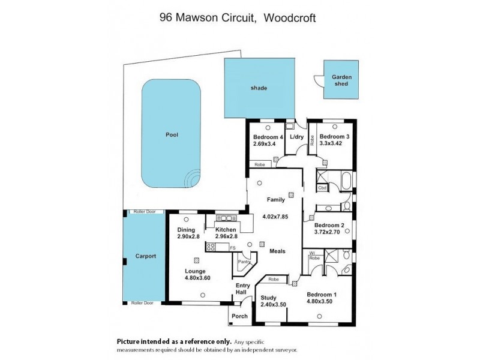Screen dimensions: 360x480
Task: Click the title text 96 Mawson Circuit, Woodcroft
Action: pos(238,17)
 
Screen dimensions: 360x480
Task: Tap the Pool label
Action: pos(172,135)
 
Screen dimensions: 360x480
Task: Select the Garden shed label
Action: pos(341,80)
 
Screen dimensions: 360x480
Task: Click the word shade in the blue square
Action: pos(259,88)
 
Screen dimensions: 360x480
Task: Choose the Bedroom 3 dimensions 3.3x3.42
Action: pos(331,144)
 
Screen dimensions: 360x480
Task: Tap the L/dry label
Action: pos(297,137)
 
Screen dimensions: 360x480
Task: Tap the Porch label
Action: pos(240,316)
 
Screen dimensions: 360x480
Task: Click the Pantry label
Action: pos(243,262)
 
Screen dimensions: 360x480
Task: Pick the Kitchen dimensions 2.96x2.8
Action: pos(223,237)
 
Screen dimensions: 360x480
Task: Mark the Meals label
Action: pos(277,251)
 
